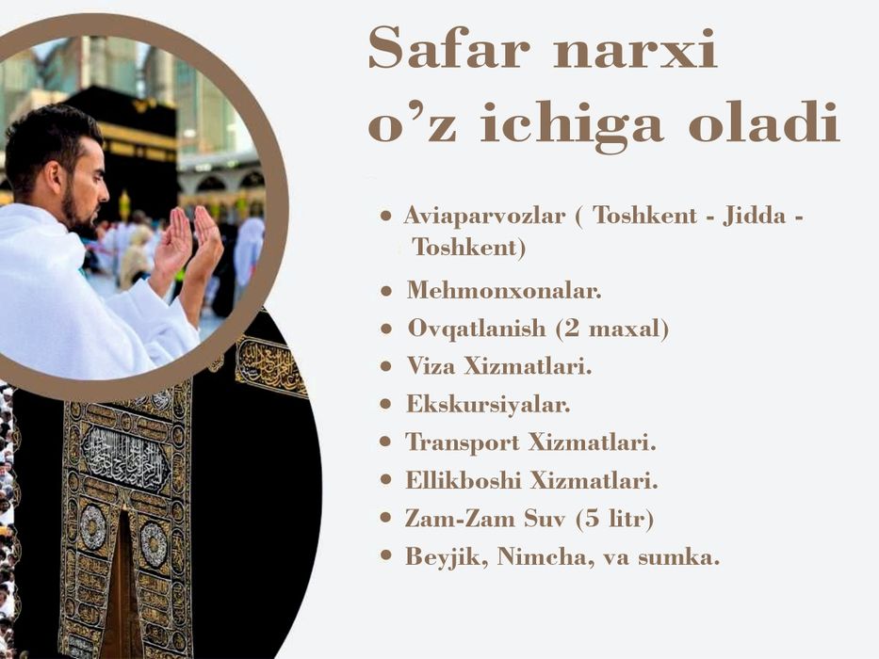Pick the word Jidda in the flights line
tap(755, 216)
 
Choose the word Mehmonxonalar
tap(503, 291)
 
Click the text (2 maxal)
tap(612, 329)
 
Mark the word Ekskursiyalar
tap(488, 405)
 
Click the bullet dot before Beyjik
tap(385, 556)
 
